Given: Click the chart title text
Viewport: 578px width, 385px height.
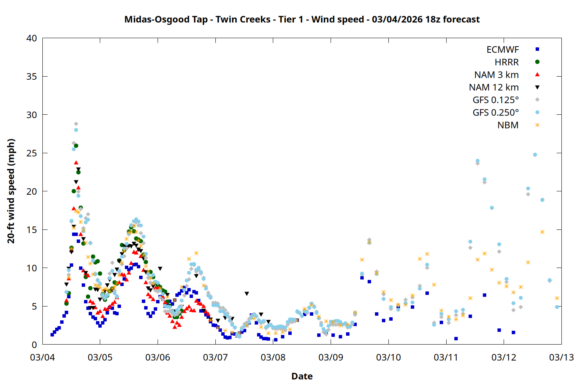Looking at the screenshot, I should click(302, 19).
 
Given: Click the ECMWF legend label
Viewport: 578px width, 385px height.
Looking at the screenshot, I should click(502, 50).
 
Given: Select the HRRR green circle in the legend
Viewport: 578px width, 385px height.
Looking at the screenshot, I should click(537, 62).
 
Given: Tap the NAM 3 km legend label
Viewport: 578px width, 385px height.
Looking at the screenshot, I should click(496, 75).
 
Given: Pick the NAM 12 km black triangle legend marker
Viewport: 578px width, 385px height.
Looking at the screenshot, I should click(537, 87).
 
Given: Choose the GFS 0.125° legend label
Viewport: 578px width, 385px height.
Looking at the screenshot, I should click(496, 100).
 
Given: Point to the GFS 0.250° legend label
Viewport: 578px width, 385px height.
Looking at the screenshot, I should click(496, 112).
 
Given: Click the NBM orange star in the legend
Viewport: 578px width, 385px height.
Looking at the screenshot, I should click(537, 125).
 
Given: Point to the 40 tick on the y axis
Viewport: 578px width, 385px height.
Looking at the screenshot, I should click(32, 38).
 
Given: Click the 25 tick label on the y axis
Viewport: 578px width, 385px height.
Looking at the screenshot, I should click(32, 153).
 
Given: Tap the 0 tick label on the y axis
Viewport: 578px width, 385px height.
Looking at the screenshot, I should click(35, 345).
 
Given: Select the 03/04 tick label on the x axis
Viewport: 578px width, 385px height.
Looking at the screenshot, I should click(42, 357).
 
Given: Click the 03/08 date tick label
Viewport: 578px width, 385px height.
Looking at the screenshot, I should click(273, 357).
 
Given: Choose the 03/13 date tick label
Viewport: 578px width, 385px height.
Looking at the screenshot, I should click(561, 357).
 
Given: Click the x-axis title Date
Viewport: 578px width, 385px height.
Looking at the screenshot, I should click(302, 376).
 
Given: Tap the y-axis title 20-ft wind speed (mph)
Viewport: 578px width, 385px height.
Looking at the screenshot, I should click(11, 191).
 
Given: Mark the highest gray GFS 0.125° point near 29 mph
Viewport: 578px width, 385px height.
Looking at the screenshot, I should click(76, 124).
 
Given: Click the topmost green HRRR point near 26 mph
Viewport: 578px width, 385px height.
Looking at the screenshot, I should click(76, 146).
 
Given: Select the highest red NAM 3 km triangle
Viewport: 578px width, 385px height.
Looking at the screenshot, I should click(76, 162).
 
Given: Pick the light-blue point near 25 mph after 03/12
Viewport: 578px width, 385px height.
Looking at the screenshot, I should click(535, 155).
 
